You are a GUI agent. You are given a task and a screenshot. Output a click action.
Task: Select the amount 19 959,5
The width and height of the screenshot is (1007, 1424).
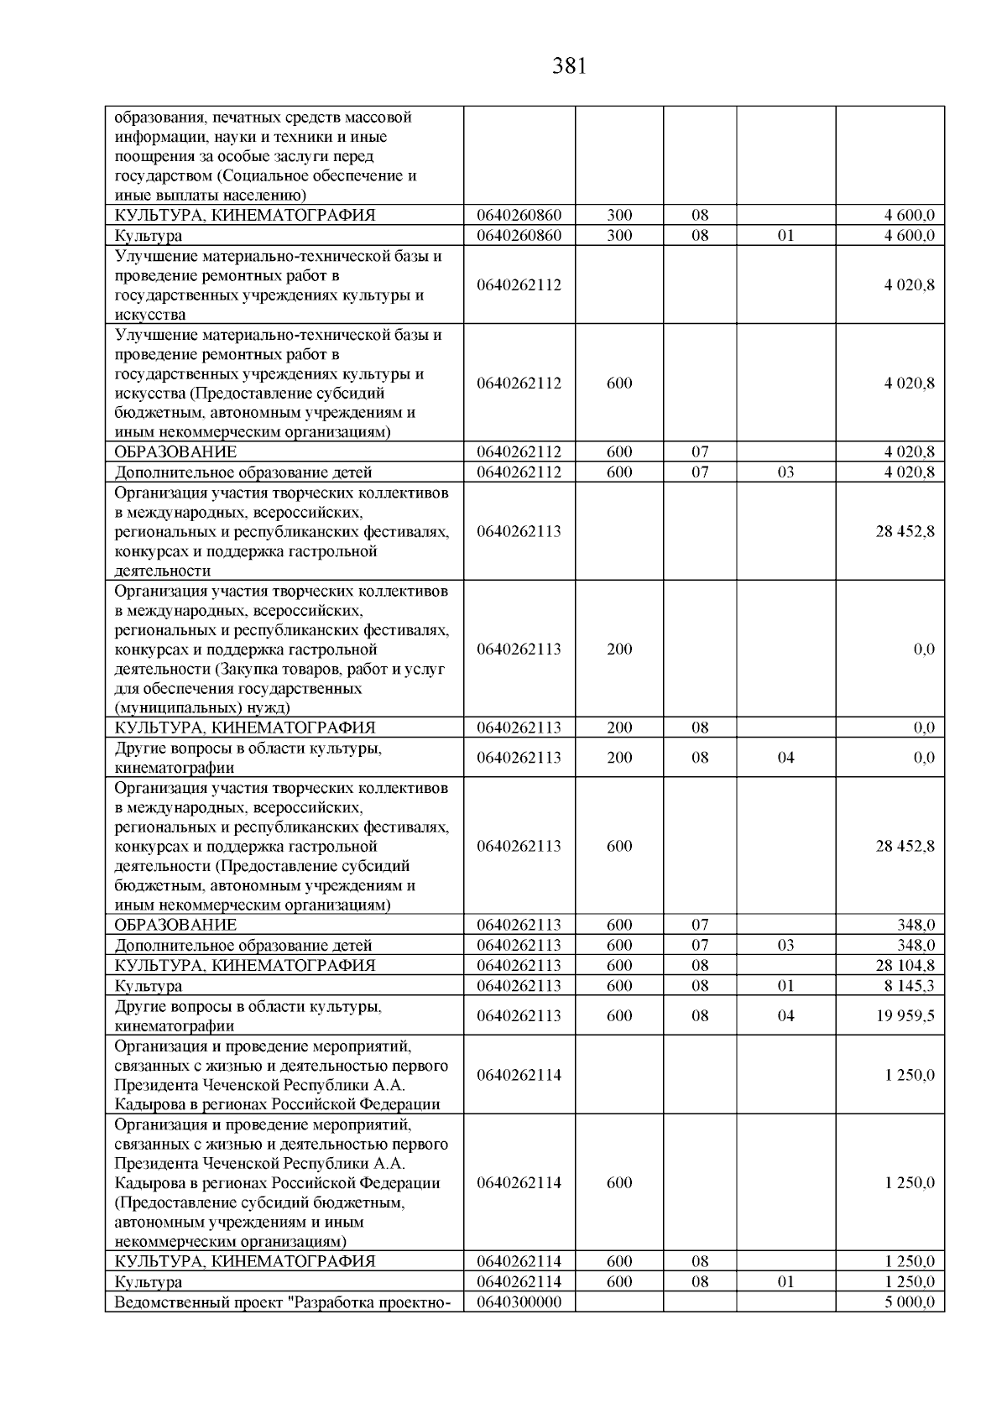[905, 1015]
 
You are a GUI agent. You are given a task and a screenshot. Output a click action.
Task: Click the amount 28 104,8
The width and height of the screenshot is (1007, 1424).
[905, 966]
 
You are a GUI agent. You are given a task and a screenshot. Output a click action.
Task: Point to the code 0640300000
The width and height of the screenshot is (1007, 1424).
[519, 1301]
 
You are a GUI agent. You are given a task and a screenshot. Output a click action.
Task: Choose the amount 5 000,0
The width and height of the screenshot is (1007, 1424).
[910, 1301]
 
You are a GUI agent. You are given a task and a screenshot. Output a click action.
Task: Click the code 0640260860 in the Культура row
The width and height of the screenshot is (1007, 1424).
[519, 236]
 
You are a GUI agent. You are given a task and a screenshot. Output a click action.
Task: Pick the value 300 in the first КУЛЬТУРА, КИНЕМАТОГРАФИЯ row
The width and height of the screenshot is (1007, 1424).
[619, 216]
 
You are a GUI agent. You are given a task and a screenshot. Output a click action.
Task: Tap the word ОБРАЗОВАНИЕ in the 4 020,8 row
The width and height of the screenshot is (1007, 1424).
[175, 452]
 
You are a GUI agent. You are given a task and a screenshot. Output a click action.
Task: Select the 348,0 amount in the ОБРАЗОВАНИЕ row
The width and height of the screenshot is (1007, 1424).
[916, 926]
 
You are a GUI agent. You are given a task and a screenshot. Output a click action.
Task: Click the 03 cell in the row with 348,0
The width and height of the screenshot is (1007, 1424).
[785, 946]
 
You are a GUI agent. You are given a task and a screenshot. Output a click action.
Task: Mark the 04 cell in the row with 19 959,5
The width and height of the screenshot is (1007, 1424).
[785, 1015]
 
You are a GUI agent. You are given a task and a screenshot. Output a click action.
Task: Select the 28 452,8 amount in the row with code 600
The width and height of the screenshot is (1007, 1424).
[905, 846]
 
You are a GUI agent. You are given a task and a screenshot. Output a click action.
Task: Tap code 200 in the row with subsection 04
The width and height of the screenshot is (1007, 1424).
[619, 758]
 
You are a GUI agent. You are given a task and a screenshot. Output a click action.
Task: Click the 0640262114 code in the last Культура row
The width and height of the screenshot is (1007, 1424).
[519, 1282]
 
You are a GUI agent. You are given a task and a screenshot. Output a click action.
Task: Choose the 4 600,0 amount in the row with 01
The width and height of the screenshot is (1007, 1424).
[910, 236]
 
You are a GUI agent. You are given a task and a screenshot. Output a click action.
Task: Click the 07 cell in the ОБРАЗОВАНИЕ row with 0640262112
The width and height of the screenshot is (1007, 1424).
[700, 452]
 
